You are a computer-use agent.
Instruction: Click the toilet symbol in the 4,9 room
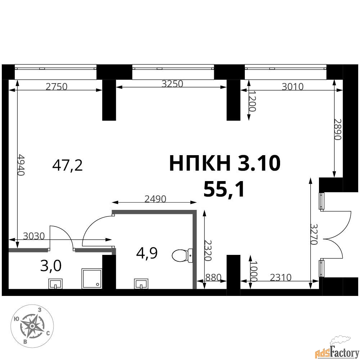click(183, 255)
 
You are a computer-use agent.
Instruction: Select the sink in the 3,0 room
click(55, 284)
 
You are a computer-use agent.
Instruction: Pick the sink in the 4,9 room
click(141, 284)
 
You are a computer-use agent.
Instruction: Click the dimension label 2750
click(57, 86)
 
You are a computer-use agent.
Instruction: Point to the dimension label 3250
click(172, 84)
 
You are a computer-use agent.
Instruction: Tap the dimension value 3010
click(292, 86)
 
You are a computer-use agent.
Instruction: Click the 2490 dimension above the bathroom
click(155, 199)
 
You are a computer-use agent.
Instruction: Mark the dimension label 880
click(213, 277)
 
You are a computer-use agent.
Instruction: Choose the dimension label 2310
click(280, 277)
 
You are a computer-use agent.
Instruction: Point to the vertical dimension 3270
click(314, 234)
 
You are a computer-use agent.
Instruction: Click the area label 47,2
click(68, 165)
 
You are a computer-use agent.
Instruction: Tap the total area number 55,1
click(224, 189)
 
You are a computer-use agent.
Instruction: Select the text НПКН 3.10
click(225, 163)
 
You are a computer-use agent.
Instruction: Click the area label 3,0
click(51, 266)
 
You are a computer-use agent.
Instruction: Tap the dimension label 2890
click(338, 129)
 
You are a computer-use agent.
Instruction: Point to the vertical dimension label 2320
click(208, 251)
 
